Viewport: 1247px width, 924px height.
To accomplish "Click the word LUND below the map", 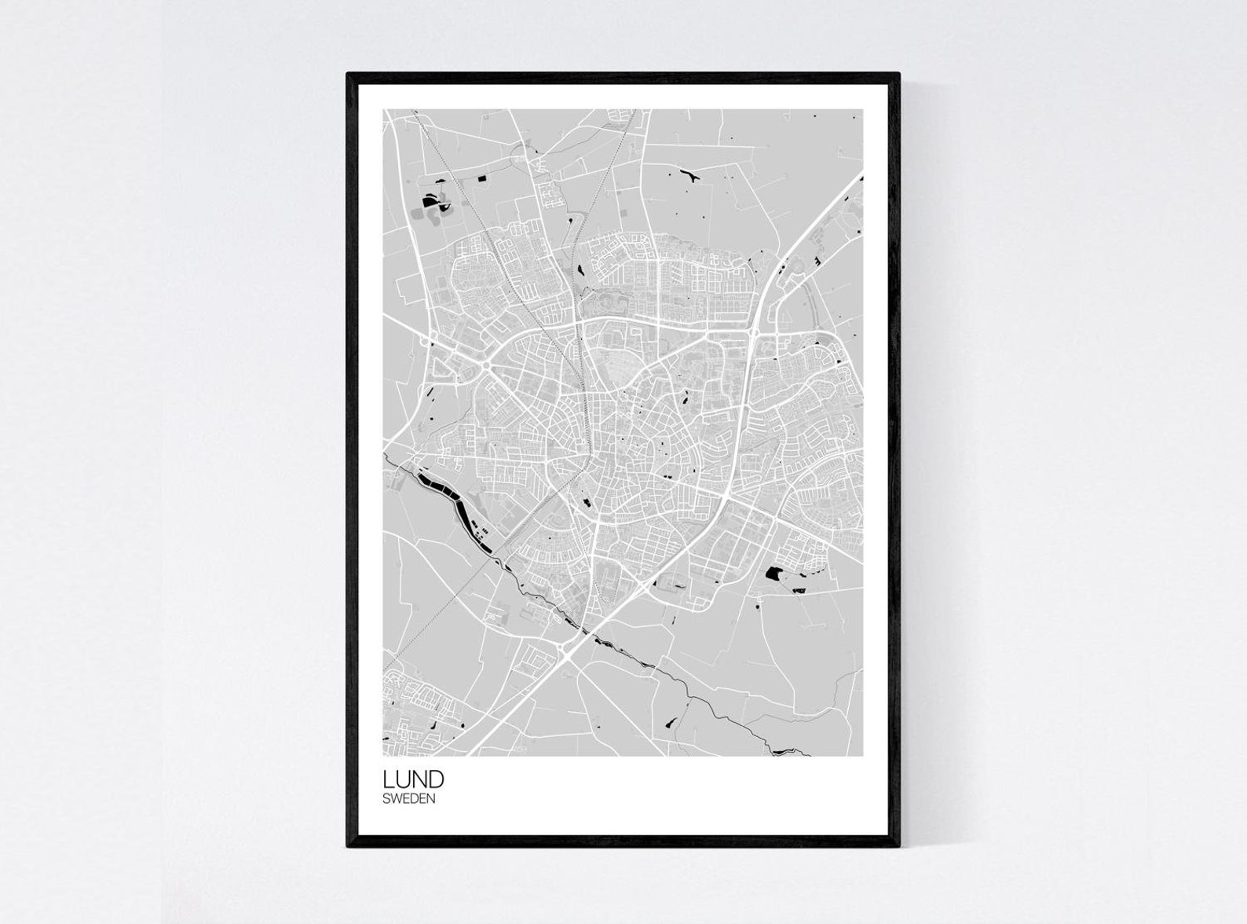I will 413,779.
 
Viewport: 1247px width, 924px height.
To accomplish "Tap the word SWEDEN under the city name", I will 408,799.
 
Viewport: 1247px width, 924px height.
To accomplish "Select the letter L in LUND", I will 388,779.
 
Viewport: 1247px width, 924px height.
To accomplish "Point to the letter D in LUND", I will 437,779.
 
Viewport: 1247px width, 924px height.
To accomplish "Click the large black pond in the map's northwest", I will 430,201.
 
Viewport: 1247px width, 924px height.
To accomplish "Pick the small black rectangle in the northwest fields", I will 481,178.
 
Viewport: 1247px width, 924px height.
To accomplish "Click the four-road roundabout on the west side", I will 486,366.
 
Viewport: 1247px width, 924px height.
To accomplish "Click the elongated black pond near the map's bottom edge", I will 671,720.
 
